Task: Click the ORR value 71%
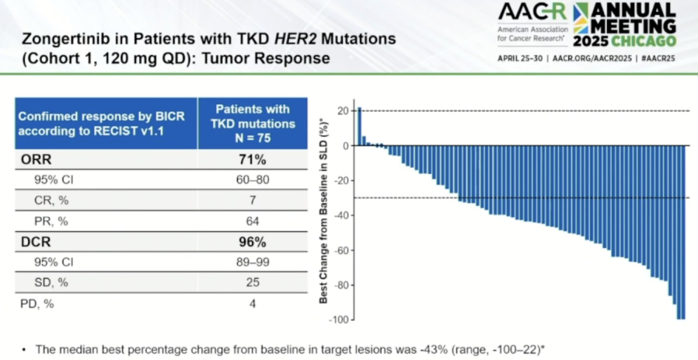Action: pyautogui.click(x=252, y=160)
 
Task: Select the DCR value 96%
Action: pyautogui.click(x=252, y=242)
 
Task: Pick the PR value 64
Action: pyautogui.click(x=252, y=221)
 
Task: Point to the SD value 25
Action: pyautogui.click(x=252, y=282)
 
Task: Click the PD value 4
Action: pyautogui.click(x=252, y=302)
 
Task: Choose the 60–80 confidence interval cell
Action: pyautogui.click(x=252, y=180)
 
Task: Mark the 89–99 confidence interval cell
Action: pyautogui.click(x=252, y=262)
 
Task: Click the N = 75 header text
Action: pyautogui.click(x=252, y=137)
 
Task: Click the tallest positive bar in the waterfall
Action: pyautogui.click(x=359, y=127)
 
